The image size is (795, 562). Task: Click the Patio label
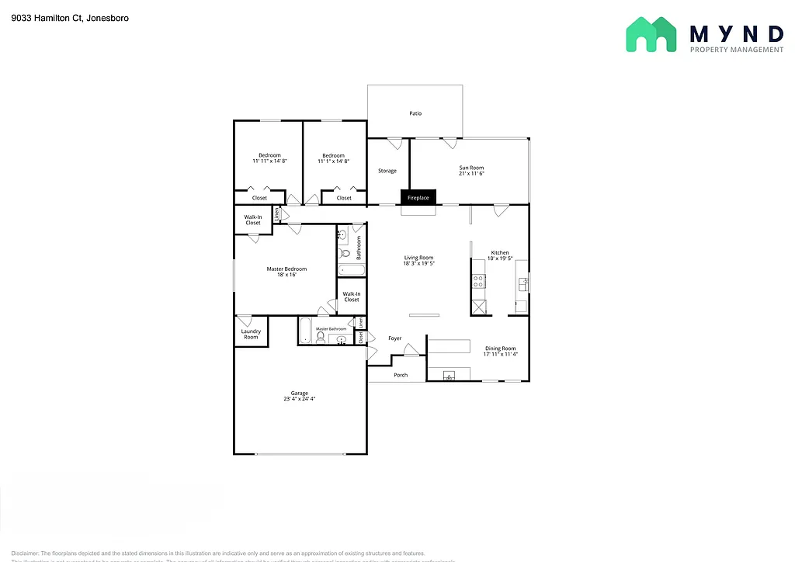point(415,113)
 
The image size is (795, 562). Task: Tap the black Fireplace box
point(418,198)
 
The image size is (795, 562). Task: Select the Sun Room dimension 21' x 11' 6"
point(471,175)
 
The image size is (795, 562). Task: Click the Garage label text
point(300,393)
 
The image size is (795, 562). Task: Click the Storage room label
point(387,171)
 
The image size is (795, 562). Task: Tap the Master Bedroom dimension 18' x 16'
point(286,275)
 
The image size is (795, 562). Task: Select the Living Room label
point(418,258)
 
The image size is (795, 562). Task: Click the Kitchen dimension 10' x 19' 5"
point(500,259)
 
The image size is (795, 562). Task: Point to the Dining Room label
point(500,349)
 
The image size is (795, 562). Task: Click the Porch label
point(401,375)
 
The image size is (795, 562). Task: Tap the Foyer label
point(395,338)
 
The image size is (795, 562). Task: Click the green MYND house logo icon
point(652,35)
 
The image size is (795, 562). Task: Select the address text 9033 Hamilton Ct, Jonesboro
point(70,17)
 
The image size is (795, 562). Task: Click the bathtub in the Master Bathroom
point(306,330)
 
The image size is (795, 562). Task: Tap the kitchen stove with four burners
point(479,282)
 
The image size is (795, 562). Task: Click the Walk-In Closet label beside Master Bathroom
point(352,297)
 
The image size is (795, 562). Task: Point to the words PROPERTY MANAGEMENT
point(737,50)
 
